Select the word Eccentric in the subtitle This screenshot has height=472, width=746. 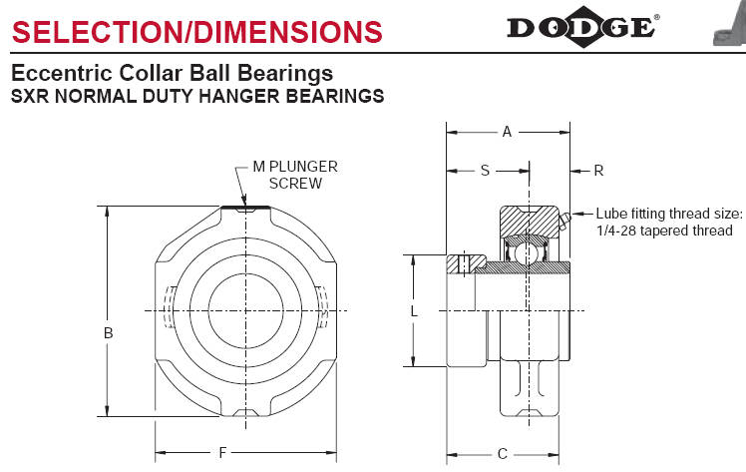pyautogui.click(x=62, y=73)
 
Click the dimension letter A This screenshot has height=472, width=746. pyautogui.click(x=507, y=132)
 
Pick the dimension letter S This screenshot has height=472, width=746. pyautogui.click(x=485, y=171)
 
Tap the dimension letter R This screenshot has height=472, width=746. pyautogui.click(x=598, y=171)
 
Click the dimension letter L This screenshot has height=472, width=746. pyautogui.click(x=414, y=311)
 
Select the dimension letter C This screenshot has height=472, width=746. pyautogui.click(x=503, y=454)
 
